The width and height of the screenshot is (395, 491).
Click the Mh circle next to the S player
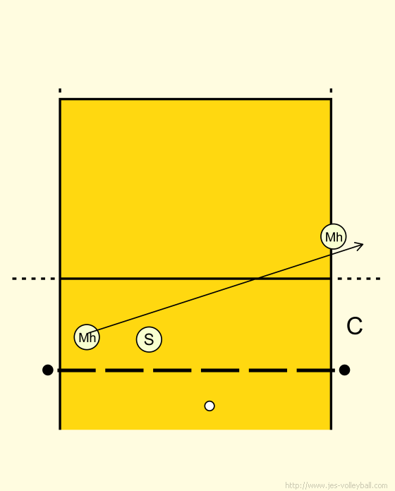click(x=87, y=337)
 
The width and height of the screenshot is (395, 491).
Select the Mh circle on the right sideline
click(x=334, y=236)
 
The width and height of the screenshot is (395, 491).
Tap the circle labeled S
click(x=149, y=339)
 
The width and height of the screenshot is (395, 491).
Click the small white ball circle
click(x=209, y=406)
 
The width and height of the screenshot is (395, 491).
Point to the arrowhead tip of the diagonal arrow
click(x=363, y=243)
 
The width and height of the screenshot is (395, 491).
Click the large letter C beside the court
click(x=355, y=326)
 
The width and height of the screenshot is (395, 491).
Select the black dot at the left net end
click(x=47, y=370)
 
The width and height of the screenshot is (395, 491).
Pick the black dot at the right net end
click(x=344, y=370)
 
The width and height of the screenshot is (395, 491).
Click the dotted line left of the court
click(x=33, y=279)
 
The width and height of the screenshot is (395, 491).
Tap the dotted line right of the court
click(x=359, y=279)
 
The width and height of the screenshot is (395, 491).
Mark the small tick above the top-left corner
click(x=60, y=90)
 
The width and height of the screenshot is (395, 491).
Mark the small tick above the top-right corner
click(x=331, y=90)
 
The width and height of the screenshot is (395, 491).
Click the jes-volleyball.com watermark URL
click(x=336, y=485)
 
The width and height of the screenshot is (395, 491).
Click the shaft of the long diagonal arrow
click(x=225, y=287)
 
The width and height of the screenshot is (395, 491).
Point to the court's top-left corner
click(x=60, y=99)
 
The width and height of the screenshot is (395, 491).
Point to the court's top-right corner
click(x=331, y=99)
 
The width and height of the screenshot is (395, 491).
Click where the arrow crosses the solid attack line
click(x=256, y=279)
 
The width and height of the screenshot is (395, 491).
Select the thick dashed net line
click(x=196, y=370)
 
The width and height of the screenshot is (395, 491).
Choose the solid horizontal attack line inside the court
click(x=195, y=279)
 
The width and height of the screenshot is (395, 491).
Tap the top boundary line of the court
click(x=195, y=99)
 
